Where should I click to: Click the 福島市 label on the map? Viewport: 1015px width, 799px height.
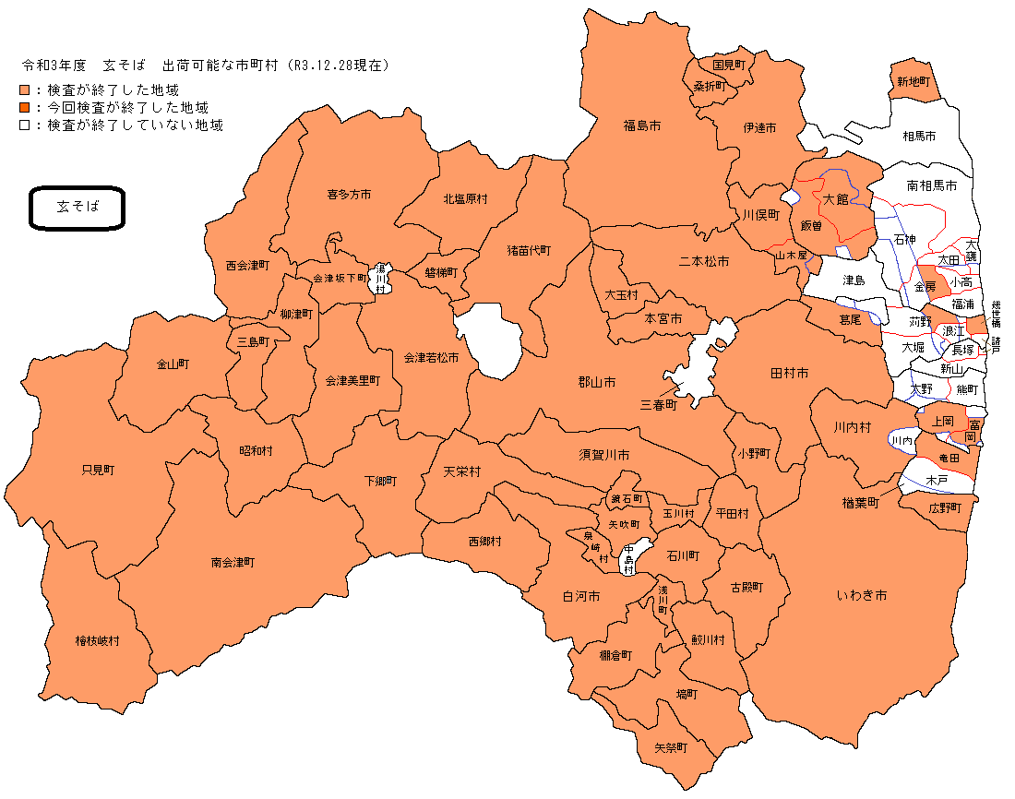[641, 125]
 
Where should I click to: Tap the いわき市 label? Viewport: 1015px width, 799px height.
[862, 596]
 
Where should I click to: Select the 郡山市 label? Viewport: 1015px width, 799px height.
[596, 382]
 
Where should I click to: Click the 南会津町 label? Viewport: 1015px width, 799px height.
[233, 562]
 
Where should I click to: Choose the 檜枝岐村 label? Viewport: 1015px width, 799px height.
[98, 640]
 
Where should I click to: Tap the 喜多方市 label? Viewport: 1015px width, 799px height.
[349, 195]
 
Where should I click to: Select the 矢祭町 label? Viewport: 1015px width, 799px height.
[671, 747]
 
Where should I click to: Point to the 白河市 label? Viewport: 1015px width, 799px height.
[581, 597]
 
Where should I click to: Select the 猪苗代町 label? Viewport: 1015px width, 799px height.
[528, 250]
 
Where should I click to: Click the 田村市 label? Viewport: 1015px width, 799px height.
[789, 373]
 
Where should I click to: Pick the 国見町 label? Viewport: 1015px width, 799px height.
[734, 66]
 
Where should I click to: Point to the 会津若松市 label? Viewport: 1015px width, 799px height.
[430, 357]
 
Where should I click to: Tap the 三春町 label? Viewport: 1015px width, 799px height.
[659, 404]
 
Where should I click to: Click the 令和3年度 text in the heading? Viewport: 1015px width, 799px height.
[54, 66]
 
